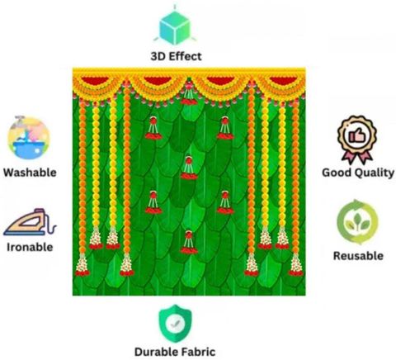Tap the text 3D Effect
[176, 56]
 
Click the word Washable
[30, 173]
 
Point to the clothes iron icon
[30, 222]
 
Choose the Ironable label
[30, 247]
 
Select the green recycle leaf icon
[357, 222]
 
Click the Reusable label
[358, 256]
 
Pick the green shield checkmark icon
[175, 323]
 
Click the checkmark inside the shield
[175, 323]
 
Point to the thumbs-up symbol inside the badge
[357, 135]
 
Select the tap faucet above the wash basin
[20, 120]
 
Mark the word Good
[337, 173]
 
